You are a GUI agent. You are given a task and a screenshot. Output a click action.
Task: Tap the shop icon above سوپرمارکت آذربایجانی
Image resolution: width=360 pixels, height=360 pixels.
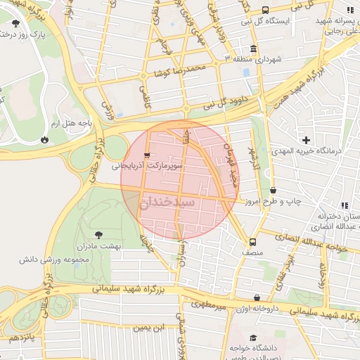146,155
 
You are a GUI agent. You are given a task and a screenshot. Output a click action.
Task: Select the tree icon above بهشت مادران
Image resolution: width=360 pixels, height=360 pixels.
97,235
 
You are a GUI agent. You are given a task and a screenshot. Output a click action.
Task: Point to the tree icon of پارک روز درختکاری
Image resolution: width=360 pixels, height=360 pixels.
15,24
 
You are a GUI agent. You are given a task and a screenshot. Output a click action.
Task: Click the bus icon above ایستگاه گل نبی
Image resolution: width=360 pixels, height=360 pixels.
265,10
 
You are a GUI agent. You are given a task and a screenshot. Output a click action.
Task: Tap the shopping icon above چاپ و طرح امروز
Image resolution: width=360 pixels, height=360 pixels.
273,190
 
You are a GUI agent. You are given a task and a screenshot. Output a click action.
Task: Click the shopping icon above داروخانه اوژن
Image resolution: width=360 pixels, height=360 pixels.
256,298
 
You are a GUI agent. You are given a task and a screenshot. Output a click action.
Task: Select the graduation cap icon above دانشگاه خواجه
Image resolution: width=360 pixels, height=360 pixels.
233,347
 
